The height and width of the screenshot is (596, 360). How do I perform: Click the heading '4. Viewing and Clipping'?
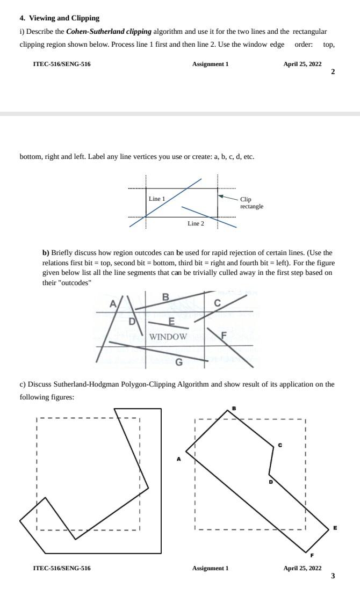tap(59, 18)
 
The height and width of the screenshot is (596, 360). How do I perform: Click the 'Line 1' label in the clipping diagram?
tap(157, 199)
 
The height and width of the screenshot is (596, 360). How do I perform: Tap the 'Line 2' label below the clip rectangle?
tap(196, 223)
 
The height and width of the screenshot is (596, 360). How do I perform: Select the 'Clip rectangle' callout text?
tap(251, 202)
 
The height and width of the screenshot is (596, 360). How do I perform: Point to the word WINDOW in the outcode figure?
tap(168, 337)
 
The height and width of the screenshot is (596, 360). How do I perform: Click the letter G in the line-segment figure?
tap(179, 362)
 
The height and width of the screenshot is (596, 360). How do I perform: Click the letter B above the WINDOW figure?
tap(165, 297)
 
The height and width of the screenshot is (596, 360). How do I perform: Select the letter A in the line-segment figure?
tap(113, 304)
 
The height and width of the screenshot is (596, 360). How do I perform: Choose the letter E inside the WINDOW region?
tap(172, 322)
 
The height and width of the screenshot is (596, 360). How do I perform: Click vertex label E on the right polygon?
tap(335, 528)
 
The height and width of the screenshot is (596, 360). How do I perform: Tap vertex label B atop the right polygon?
tap(234, 408)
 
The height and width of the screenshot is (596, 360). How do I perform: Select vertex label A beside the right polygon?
tap(179, 459)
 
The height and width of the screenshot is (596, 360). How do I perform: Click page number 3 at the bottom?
tap(333, 576)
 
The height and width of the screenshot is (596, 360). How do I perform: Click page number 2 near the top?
tap(333, 72)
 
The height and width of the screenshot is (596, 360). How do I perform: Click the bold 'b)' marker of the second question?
tap(46, 252)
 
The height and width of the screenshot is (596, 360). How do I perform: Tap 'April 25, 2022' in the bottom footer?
tap(303, 568)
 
